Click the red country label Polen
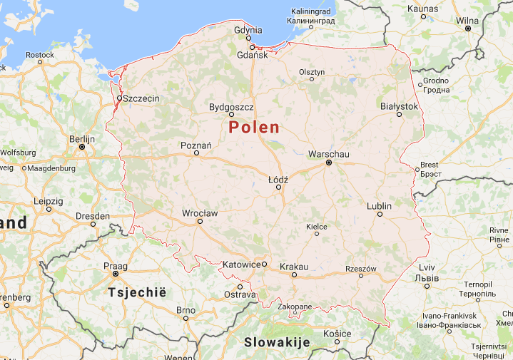click(x=254, y=128)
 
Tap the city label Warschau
click(x=329, y=153)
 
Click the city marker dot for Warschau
click(x=329, y=163)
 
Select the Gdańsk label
click(x=252, y=55)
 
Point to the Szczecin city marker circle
click(x=119, y=98)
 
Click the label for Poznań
click(x=196, y=145)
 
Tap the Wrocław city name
click(x=200, y=212)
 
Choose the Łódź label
click(x=278, y=179)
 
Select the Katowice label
click(x=241, y=264)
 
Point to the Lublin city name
click(x=379, y=206)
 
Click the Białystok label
click(x=399, y=106)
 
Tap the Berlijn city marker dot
click(x=82, y=147)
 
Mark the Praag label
click(x=115, y=265)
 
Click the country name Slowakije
click(x=277, y=342)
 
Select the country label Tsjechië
click(x=136, y=292)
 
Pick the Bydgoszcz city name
click(x=231, y=107)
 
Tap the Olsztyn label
click(x=312, y=71)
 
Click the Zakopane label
click(x=295, y=307)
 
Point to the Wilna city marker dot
click(x=468, y=29)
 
